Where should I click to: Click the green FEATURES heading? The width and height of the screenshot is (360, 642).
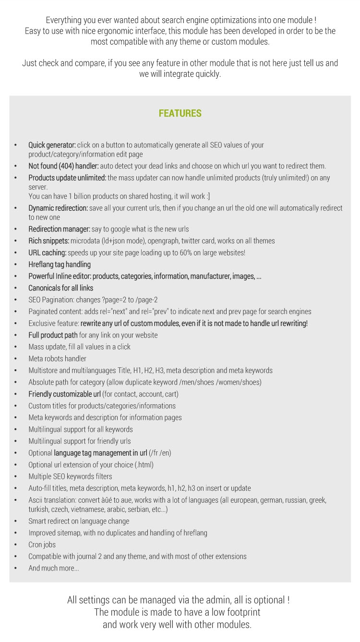(x=180, y=114)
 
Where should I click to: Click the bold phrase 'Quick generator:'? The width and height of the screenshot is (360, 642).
(x=52, y=145)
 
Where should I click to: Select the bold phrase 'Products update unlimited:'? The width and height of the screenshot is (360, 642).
(x=67, y=178)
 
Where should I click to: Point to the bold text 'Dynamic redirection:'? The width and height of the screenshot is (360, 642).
(x=58, y=208)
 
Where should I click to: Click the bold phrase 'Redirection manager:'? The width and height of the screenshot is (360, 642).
(x=59, y=229)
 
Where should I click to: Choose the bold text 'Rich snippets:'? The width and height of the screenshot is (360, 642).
(x=48, y=241)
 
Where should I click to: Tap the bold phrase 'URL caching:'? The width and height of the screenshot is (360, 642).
(x=47, y=253)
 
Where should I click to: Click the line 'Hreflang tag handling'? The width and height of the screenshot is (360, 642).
(x=60, y=265)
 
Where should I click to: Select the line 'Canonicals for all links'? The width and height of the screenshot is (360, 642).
(x=60, y=288)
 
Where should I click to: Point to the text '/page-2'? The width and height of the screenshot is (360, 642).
(x=147, y=300)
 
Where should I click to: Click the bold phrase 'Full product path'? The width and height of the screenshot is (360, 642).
(x=53, y=335)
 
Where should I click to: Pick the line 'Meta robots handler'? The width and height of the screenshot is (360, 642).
(x=57, y=359)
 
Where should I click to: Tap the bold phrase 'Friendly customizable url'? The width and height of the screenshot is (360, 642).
(x=64, y=394)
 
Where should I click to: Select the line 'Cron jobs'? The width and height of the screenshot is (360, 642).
(x=42, y=545)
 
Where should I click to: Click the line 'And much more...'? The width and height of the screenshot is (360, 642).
(x=54, y=569)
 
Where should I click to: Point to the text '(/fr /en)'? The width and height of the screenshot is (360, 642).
(x=160, y=453)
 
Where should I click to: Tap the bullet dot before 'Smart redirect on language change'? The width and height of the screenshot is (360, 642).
(x=16, y=521)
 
